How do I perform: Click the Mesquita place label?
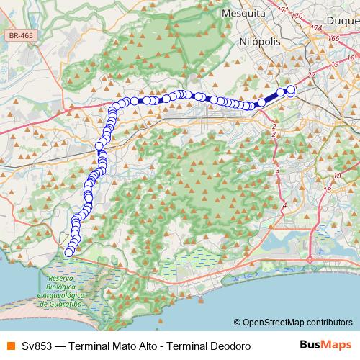(x=245, y=13)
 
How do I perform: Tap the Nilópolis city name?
(x=260, y=42)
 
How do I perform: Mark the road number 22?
(x=312, y=74)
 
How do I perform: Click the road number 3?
(x=277, y=171)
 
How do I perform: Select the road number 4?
(x=284, y=206)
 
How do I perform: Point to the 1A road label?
(x=337, y=175)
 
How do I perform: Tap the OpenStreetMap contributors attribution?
(x=292, y=322)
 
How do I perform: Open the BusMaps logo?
(x=325, y=345)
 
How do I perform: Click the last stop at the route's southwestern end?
(x=69, y=252)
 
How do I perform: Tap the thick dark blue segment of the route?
(x=269, y=99)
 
